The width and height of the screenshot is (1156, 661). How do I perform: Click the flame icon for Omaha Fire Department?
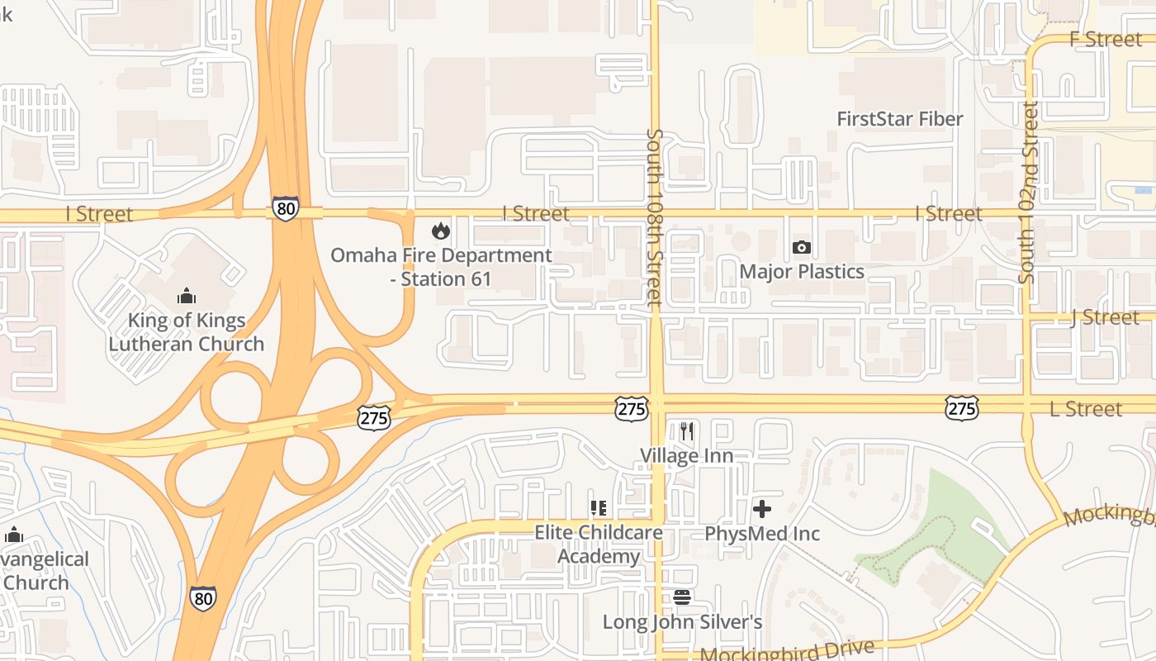pos(441,231)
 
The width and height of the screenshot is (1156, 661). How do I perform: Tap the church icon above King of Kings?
pos(187,296)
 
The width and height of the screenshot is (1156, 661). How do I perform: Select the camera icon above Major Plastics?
pos(801,247)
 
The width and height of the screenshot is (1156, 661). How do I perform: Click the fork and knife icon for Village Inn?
pos(686,431)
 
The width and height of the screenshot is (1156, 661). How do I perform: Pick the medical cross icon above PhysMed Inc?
pos(762,509)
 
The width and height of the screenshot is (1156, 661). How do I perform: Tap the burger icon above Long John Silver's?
pos(682,597)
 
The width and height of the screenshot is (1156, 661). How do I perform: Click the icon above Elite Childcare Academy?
pos(599,508)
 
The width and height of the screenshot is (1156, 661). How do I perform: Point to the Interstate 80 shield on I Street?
pos(286,208)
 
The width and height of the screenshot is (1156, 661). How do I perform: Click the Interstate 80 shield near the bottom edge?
pos(203,597)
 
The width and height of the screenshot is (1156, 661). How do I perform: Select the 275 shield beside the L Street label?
pos(962,407)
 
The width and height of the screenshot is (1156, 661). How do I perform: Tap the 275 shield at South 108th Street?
pos(631,408)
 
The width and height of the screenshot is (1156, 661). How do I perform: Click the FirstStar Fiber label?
pos(900,119)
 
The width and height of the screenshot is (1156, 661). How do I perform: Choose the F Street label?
pos(1106,39)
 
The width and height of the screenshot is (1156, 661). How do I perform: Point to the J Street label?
pos(1105,317)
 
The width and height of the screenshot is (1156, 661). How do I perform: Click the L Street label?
pos(1086,409)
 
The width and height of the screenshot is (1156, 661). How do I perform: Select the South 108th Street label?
pos(655,217)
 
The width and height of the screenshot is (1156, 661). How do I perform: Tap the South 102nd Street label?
pos(1028,193)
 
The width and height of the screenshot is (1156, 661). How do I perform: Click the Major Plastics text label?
pos(802,272)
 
